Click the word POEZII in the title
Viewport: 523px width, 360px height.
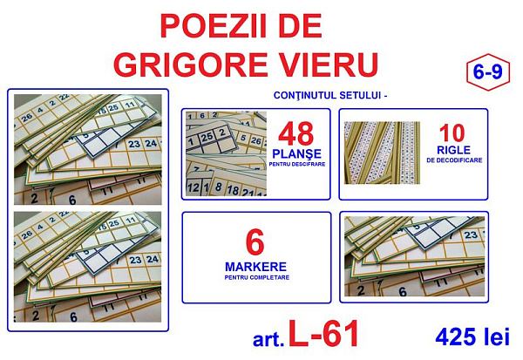(213, 26)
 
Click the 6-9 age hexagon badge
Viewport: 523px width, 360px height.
(488, 72)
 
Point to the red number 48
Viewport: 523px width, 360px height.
(296, 133)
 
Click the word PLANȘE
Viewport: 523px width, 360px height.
(297, 153)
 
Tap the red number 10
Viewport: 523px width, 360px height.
(452, 133)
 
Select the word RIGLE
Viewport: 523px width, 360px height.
(453, 150)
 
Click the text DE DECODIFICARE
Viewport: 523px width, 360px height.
(454, 160)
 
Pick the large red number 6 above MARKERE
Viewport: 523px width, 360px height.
(255, 242)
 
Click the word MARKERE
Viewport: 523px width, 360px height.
(255, 267)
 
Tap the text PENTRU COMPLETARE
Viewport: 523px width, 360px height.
(257, 277)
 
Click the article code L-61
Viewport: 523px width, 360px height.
(323, 334)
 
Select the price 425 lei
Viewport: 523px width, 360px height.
(472, 336)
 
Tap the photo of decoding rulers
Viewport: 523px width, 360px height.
(382, 153)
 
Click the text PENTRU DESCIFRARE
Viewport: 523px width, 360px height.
(297, 164)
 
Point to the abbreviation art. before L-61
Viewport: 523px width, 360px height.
(268, 340)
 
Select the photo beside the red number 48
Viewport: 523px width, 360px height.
(226, 153)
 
